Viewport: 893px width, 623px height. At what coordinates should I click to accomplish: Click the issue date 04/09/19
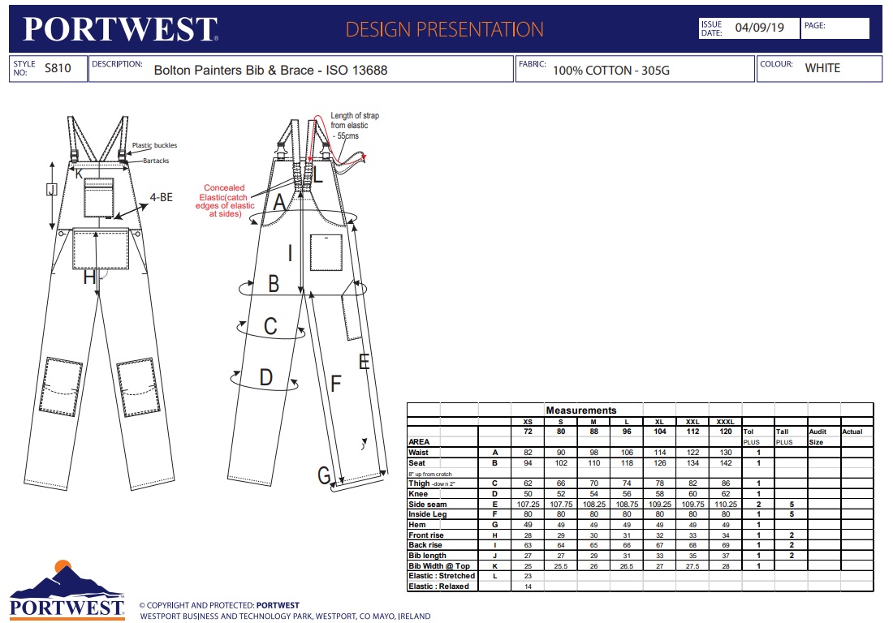point(759,28)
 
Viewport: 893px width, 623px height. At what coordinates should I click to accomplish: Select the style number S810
point(58,68)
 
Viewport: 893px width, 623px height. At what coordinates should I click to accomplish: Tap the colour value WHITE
point(822,68)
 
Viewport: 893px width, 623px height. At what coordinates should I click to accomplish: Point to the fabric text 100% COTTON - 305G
point(611,71)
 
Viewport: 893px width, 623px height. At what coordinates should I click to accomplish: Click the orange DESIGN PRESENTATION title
point(444,29)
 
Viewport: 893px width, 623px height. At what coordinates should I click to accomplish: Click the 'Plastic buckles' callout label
point(154,146)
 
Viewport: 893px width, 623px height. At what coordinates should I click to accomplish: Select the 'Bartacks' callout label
point(156,161)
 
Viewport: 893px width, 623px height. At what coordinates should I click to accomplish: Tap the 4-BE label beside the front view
point(162,197)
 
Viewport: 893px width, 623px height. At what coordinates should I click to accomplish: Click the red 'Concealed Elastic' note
point(225,201)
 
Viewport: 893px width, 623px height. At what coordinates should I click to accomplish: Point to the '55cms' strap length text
point(347,136)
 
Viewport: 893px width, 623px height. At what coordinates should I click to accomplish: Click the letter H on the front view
point(89,277)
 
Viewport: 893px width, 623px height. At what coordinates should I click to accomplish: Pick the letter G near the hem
point(324,475)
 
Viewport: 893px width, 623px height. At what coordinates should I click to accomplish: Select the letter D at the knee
point(266,377)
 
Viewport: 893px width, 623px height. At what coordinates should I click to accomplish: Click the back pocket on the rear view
point(326,252)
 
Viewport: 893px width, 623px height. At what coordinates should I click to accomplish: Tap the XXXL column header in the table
point(725,422)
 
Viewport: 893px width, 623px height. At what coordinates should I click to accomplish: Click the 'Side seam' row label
point(428,505)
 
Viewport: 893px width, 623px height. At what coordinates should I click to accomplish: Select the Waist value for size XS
point(528,453)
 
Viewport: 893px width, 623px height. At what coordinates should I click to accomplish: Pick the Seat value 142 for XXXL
point(726,463)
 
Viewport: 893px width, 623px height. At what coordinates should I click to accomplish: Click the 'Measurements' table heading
point(581,410)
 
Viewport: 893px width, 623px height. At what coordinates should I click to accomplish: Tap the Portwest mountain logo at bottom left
point(67,590)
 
